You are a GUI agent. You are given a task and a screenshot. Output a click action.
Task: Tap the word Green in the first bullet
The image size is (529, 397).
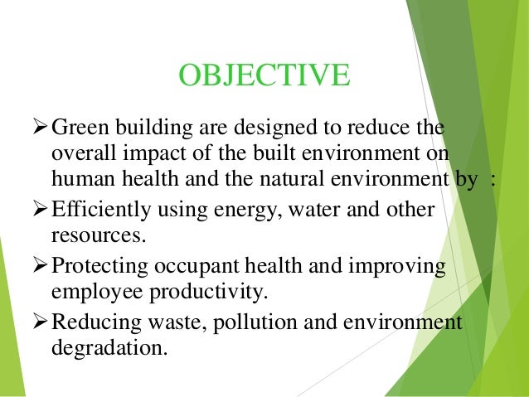point(75,128)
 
